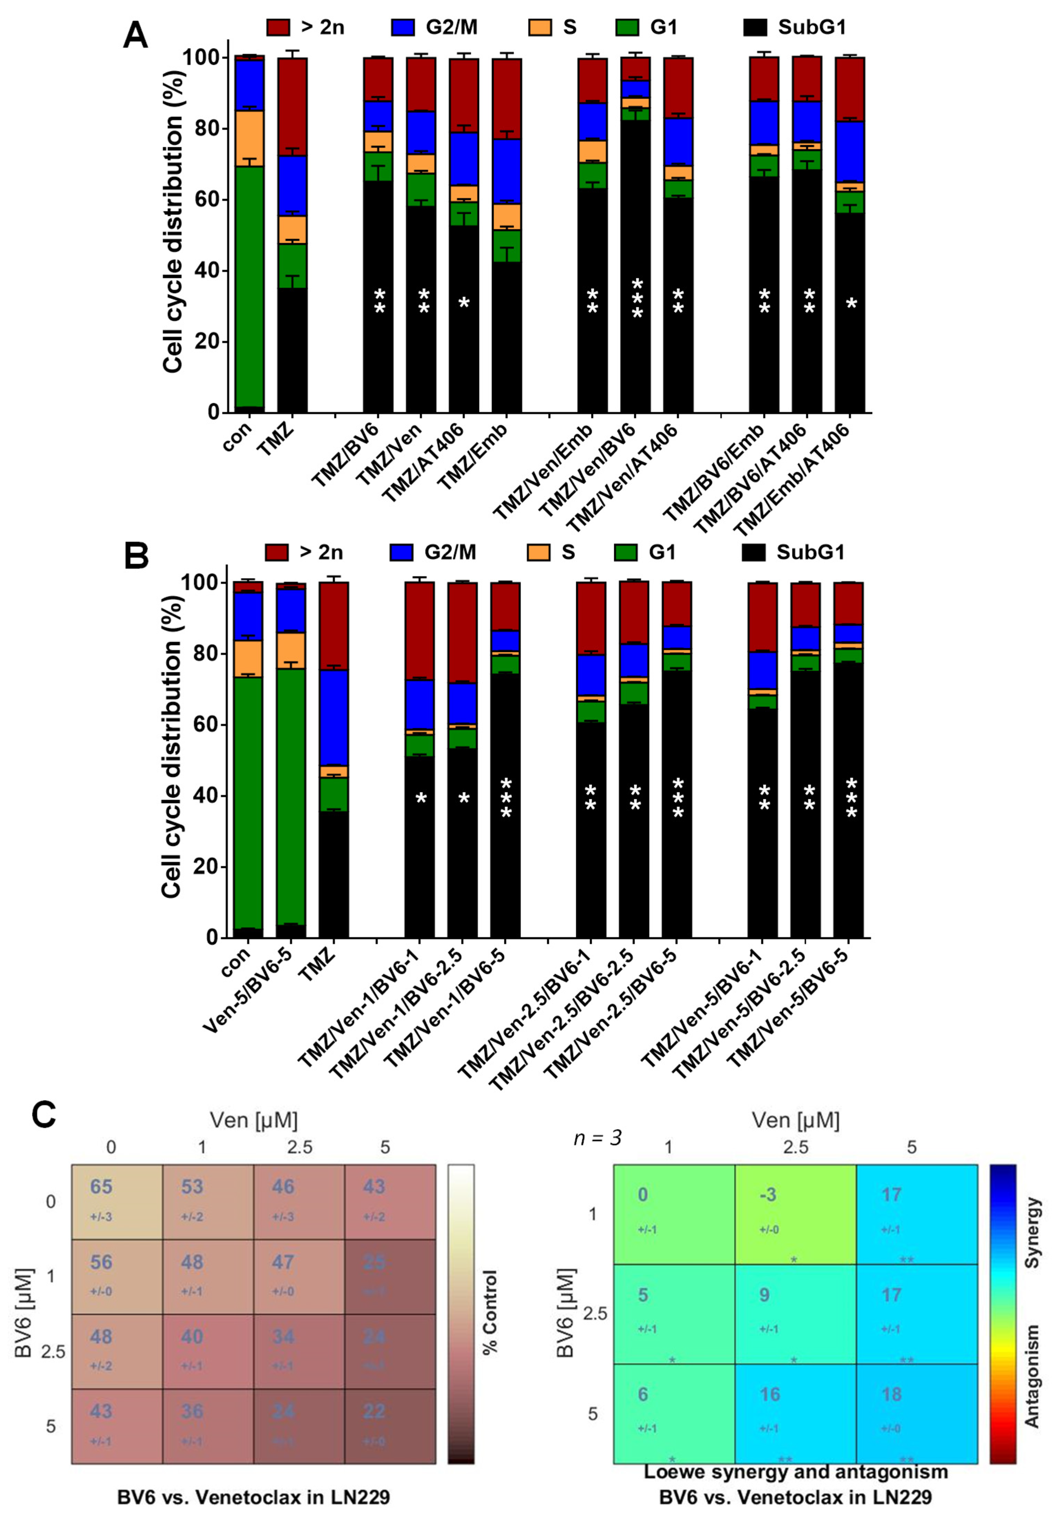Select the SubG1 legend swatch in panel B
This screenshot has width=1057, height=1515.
pos(753,552)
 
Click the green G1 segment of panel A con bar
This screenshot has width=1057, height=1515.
pos(250,284)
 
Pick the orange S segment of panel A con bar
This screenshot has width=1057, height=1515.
pos(250,139)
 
